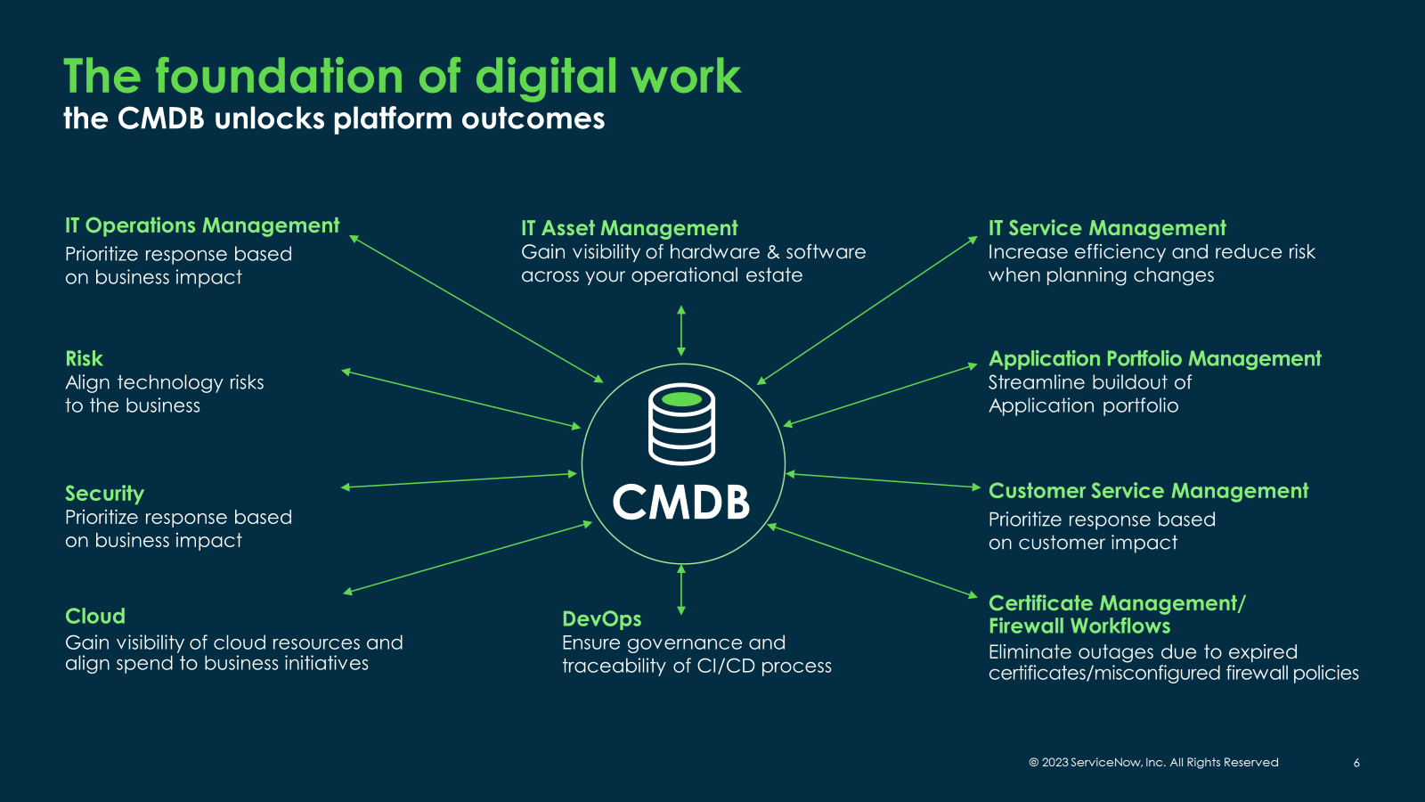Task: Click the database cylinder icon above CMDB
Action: [x=681, y=424]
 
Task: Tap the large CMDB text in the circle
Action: [x=681, y=502]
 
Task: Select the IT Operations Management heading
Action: [x=202, y=225]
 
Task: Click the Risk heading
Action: [x=84, y=358]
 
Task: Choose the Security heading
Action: [x=104, y=493]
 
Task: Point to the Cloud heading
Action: [x=95, y=616]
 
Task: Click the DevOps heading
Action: [x=601, y=618]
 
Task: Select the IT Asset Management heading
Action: [x=629, y=228]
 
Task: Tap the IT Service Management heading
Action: [x=1107, y=228]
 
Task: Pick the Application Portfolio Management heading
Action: [x=1154, y=358]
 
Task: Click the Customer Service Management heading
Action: [x=1148, y=491]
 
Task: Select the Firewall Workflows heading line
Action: [x=1079, y=626]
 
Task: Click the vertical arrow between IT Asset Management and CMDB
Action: [x=681, y=331]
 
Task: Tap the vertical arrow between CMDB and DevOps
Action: [x=681, y=589]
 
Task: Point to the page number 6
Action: [x=1356, y=763]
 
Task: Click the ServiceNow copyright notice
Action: [x=1153, y=763]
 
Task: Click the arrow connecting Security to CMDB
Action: [x=459, y=480]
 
